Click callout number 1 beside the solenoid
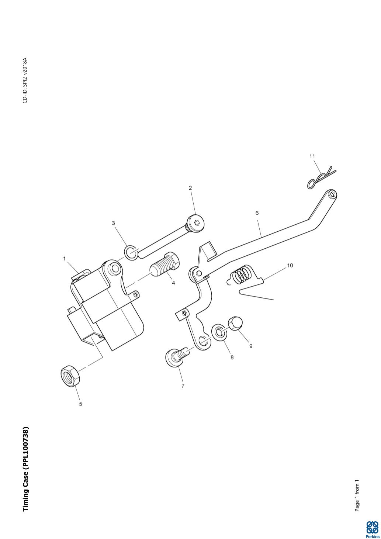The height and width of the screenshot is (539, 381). [x=65, y=259]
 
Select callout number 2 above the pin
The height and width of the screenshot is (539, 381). [x=190, y=188]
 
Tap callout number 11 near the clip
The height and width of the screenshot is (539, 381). [x=312, y=156]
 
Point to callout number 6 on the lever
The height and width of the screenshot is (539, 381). [x=257, y=213]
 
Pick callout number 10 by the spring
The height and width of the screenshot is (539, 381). [x=290, y=265]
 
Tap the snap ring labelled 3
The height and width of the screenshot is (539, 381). [x=131, y=253]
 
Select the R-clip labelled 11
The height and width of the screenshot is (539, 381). [x=320, y=178]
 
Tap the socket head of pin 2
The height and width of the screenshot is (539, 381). [x=197, y=222]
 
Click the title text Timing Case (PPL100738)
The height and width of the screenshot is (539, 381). [x=26, y=469]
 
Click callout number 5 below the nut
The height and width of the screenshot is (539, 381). [x=80, y=404]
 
